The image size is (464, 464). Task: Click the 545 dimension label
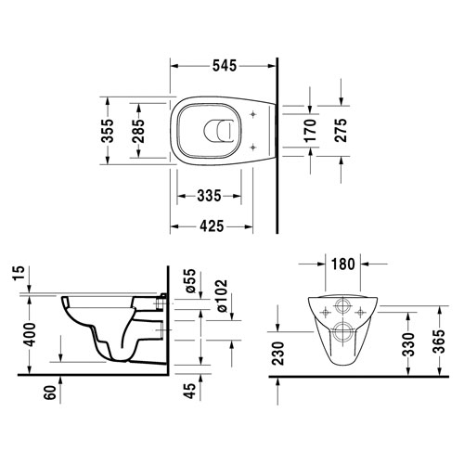pyautogui.click(x=225, y=66)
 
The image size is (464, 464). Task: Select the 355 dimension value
pyautogui.click(x=108, y=131)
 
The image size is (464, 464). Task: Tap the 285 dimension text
pyautogui.click(x=138, y=131)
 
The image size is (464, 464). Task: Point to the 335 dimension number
pyautogui.click(x=209, y=196)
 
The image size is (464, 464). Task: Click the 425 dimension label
pyautogui.click(x=212, y=226)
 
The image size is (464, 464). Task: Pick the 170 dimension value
pyautogui.click(x=310, y=131)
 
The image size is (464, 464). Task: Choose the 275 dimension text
pyautogui.click(x=341, y=130)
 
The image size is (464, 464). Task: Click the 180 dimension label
pyautogui.click(x=343, y=264)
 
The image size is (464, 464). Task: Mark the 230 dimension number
pyautogui.click(x=278, y=354)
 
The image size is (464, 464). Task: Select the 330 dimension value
pyautogui.click(x=409, y=344)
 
